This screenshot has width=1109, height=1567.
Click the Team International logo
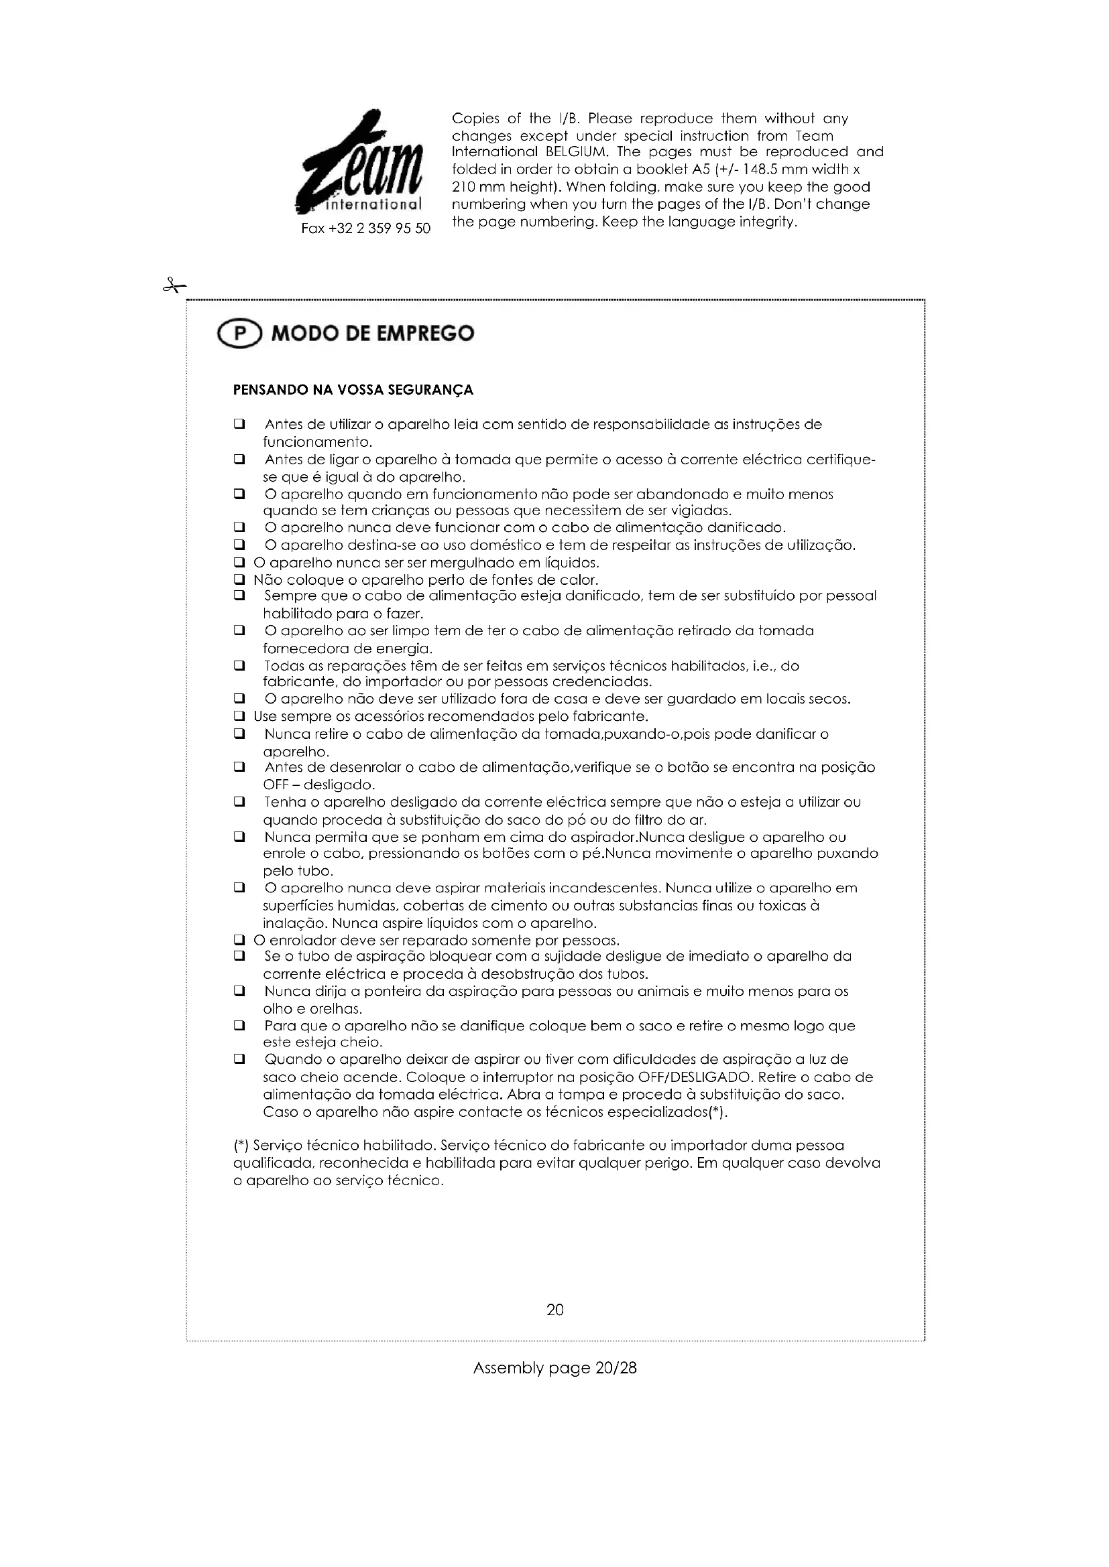pyautogui.click(x=361, y=163)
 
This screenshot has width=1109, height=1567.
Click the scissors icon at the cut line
pyautogui.click(x=174, y=285)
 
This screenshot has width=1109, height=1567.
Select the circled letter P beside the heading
pyautogui.click(x=239, y=334)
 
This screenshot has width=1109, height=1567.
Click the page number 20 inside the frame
pyautogui.click(x=554, y=1310)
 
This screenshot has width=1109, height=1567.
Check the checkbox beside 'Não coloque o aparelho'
pyautogui.click(x=239, y=580)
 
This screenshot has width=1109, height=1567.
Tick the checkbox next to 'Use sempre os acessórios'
pyautogui.click(x=239, y=717)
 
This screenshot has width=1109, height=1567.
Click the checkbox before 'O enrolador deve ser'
pyautogui.click(x=239, y=941)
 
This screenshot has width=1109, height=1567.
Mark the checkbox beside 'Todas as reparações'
pyautogui.click(x=239, y=665)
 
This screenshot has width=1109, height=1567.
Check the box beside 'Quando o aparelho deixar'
pyautogui.click(x=239, y=1060)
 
